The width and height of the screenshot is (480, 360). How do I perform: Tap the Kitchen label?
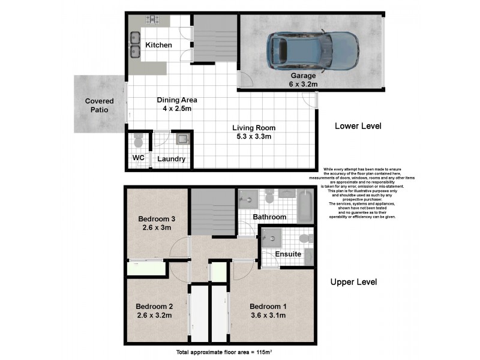tap(158, 46)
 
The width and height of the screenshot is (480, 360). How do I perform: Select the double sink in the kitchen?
tap(134, 46)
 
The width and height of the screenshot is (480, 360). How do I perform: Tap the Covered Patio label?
tap(98, 106)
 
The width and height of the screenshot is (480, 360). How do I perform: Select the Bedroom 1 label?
tap(268, 307)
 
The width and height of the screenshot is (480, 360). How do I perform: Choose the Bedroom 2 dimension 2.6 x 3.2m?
tap(155, 314)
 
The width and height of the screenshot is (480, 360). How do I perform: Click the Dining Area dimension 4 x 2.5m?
tap(177, 109)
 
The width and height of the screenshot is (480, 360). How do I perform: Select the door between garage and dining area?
tap(244, 80)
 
